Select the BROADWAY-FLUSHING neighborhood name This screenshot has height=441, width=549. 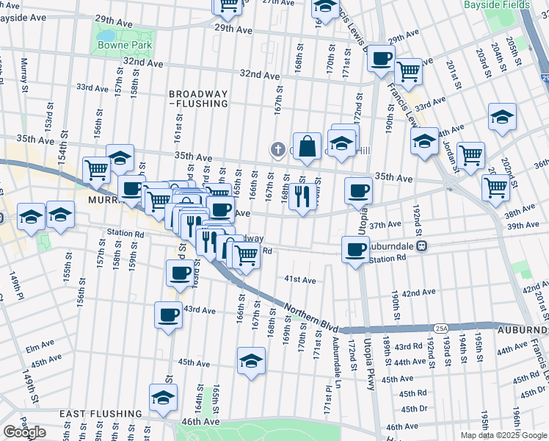coord(198,99)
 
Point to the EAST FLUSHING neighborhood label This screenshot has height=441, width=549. coord(101,414)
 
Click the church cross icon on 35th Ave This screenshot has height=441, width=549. coord(277,150)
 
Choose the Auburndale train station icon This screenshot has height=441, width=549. coord(422,246)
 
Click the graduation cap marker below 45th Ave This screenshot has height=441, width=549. coord(252,361)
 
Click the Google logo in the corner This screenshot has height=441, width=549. coord(24,432)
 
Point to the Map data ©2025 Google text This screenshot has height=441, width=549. coord(504,435)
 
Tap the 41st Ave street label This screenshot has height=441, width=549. coord(300,280)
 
